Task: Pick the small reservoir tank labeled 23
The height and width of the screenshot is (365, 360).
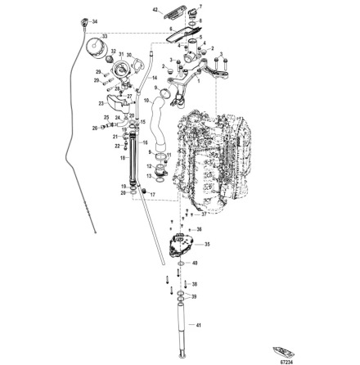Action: pos(117,102)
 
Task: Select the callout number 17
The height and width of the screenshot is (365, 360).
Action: pos(155,196)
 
